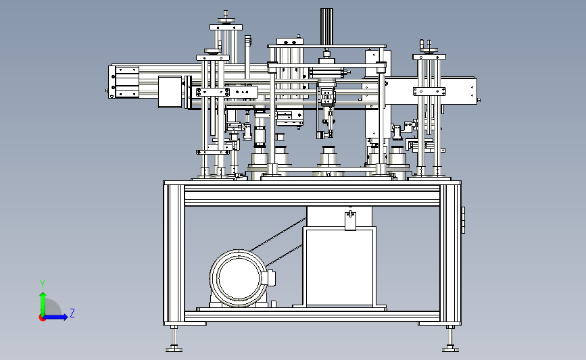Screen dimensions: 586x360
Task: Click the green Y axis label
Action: (x=43, y=284)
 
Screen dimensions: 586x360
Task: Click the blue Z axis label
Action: (x=72, y=313)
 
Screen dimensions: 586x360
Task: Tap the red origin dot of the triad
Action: (x=42, y=318)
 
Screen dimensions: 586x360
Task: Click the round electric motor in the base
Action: (x=239, y=278)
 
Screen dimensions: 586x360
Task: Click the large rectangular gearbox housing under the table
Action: (x=339, y=267)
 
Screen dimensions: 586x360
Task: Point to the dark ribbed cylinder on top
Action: (x=326, y=27)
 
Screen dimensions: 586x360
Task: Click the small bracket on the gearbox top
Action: (x=350, y=221)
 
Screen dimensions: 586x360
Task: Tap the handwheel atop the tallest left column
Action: (x=226, y=21)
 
